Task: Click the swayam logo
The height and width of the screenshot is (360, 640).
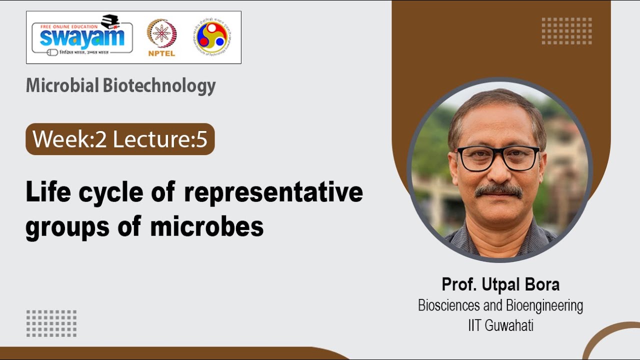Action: tap(82, 38)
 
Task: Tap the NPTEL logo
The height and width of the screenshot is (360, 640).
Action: tap(161, 38)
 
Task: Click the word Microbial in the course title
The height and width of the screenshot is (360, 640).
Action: tap(62, 86)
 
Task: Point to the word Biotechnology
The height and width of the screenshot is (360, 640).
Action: tap(159, 86)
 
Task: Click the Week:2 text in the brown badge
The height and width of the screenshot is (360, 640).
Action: tap(69, 139)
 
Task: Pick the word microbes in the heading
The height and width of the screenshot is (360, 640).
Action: tap(207, 227)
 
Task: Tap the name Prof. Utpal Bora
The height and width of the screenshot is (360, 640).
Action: tap(500, 284)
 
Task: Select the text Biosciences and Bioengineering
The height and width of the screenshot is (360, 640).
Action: tap(500, 305)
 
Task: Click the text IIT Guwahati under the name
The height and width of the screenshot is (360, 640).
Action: tap(500, 325)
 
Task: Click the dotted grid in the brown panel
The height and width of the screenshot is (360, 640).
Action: tap(566, 31)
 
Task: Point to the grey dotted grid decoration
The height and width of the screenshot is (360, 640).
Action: tap(51, 323)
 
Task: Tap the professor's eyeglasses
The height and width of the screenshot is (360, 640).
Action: tap(498, 158)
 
